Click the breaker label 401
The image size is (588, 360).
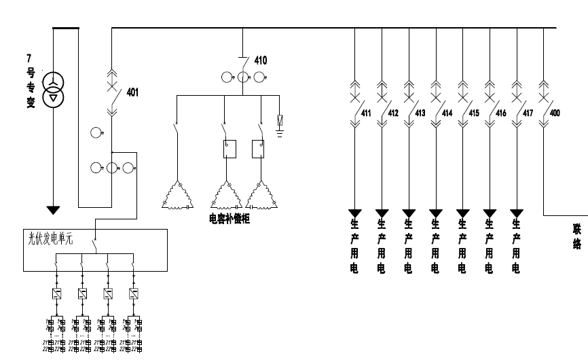pyautogui.click(x=132, y=92)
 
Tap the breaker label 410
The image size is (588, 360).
pyautogui.click(x=261, y=60)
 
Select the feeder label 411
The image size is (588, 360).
pyautogui.click(x=366, y=113)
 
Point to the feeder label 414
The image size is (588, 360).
pyautogui.click(x=446, y=113)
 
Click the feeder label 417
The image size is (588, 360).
pyautogui.click(x=527, y=113)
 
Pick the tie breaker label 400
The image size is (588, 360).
pyautogui.click(x=555, y=113)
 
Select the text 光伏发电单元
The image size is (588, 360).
pyautogui.click(x=43, y=239)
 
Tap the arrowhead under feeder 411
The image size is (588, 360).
pyautogui.click(x=355, y=213)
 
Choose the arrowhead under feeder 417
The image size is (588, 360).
pyautogui.click(x=517, y=213)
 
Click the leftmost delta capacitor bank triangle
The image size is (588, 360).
pyautogui.click(x=177, y=196)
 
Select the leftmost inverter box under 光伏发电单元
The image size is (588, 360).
pyautogui.click(x=56, y=293)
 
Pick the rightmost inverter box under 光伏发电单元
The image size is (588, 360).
pyautogui.click(x=134, y=293)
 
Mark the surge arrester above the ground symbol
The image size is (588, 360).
pyautogui.click(x=279, y=121)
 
